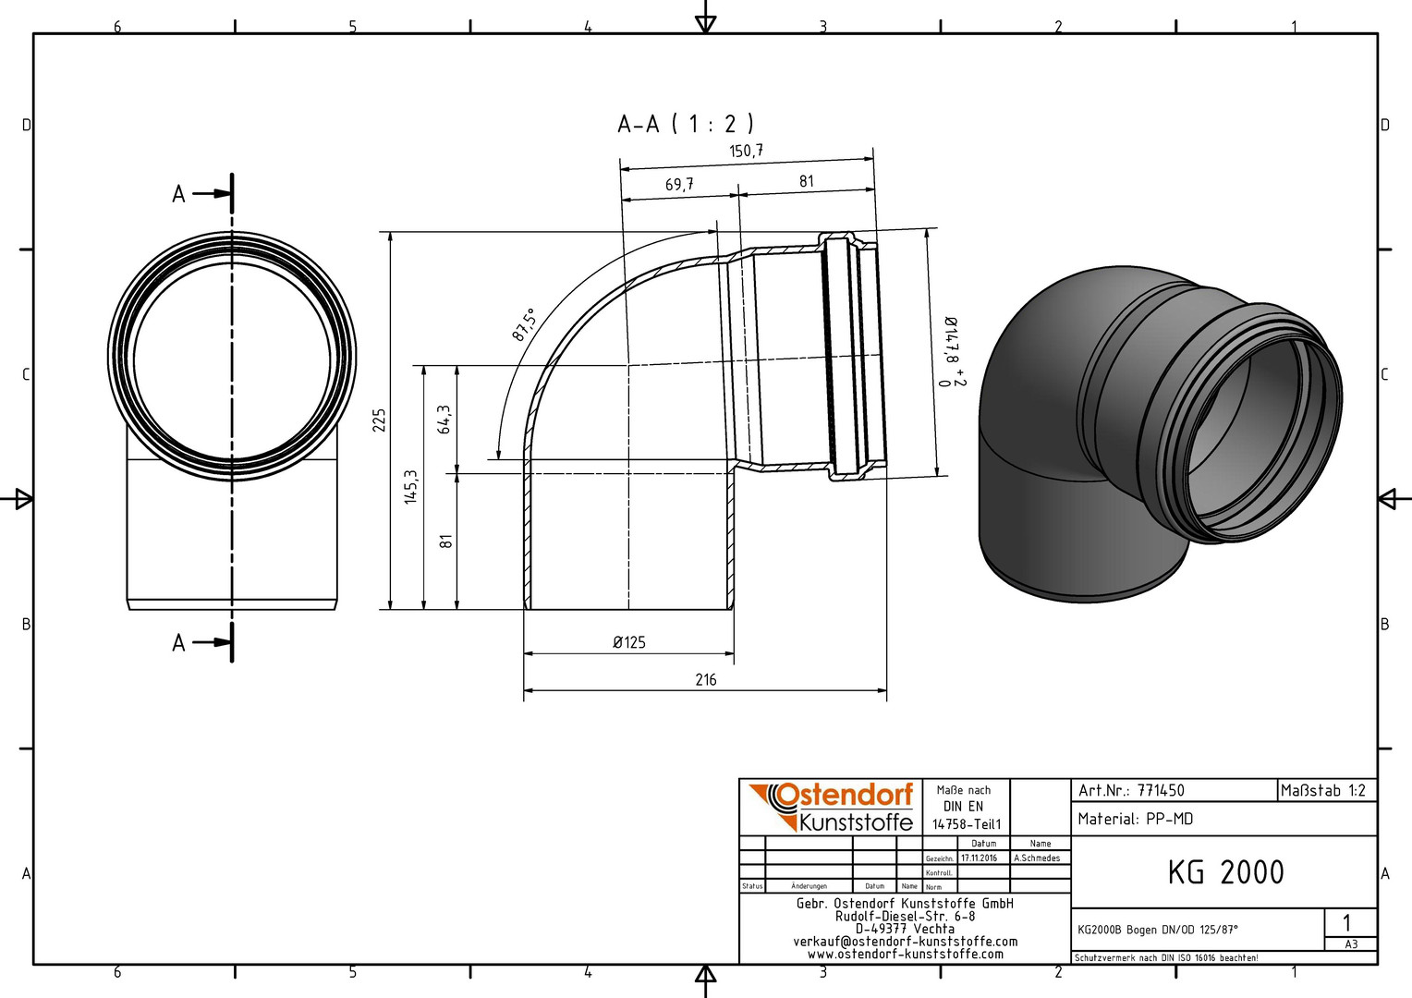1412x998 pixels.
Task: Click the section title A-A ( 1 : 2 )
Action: tap(686, 124)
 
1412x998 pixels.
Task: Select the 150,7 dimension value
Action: tap(747, 151)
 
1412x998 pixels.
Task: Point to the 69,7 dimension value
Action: tap(679, 184)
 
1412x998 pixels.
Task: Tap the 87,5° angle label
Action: tap(523, 325)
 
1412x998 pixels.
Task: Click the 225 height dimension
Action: tap(379, 420)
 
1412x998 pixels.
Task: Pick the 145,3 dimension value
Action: tap(411, 487)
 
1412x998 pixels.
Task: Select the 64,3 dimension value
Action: tap(444, 420)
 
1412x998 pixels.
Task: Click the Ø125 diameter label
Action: tap(629, 642)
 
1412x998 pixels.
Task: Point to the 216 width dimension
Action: tap(706, 679)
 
